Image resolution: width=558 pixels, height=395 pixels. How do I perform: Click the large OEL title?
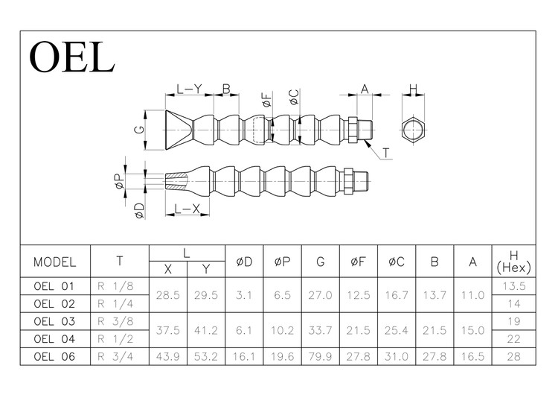click(x=72, y=56)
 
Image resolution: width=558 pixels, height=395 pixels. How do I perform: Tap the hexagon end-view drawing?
click(x=413, y=130)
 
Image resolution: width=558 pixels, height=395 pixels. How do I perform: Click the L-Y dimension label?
click(x=189, y=89)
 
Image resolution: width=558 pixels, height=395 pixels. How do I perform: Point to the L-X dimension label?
click(x=187, y=209)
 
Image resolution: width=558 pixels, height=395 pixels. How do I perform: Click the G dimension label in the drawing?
click(x=138, y=130)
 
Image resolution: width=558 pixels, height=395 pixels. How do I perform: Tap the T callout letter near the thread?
click(x=387, y=154)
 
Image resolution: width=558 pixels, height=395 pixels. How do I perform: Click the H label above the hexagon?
click(x=413, y=89)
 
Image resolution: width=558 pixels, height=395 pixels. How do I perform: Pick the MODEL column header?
click(x=55, y=262)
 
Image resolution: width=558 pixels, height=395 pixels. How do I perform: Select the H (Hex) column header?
click(x=513, y=261)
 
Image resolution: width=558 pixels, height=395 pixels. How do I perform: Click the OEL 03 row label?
click(x=55, y=321)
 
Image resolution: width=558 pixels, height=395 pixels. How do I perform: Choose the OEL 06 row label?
click(x=55, y=357)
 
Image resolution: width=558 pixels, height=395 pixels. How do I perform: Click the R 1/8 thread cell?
click(x=115, y=285)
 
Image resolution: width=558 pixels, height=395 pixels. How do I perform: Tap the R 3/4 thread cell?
click(x=115, y=357)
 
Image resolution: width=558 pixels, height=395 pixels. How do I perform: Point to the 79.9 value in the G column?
click(x=320, y=357)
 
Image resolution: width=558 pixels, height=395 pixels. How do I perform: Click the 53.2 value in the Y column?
click(x=205, y=357)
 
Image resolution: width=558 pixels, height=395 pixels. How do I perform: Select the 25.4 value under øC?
click(x=397, y=330)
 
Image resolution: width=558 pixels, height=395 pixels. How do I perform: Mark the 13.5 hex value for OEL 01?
click(x=513, y=285)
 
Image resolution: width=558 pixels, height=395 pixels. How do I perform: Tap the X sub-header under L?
click(x=168, y=269)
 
